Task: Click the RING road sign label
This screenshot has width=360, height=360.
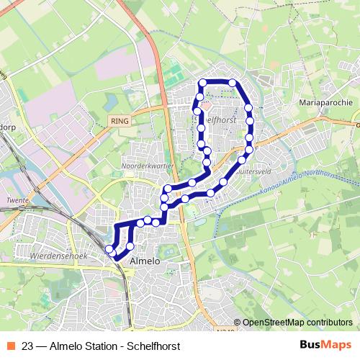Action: click(x=120, y=122)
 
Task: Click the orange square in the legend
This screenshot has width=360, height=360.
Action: click(x=9, y=346)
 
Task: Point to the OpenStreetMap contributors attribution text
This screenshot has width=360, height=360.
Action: click(x=297, y=323)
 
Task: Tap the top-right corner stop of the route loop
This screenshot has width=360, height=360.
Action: click(x=233, y=83)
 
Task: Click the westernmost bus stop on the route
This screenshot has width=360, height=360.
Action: click(x=110, y=249)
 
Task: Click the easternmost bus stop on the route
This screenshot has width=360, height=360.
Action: click(x=250, y=137)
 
